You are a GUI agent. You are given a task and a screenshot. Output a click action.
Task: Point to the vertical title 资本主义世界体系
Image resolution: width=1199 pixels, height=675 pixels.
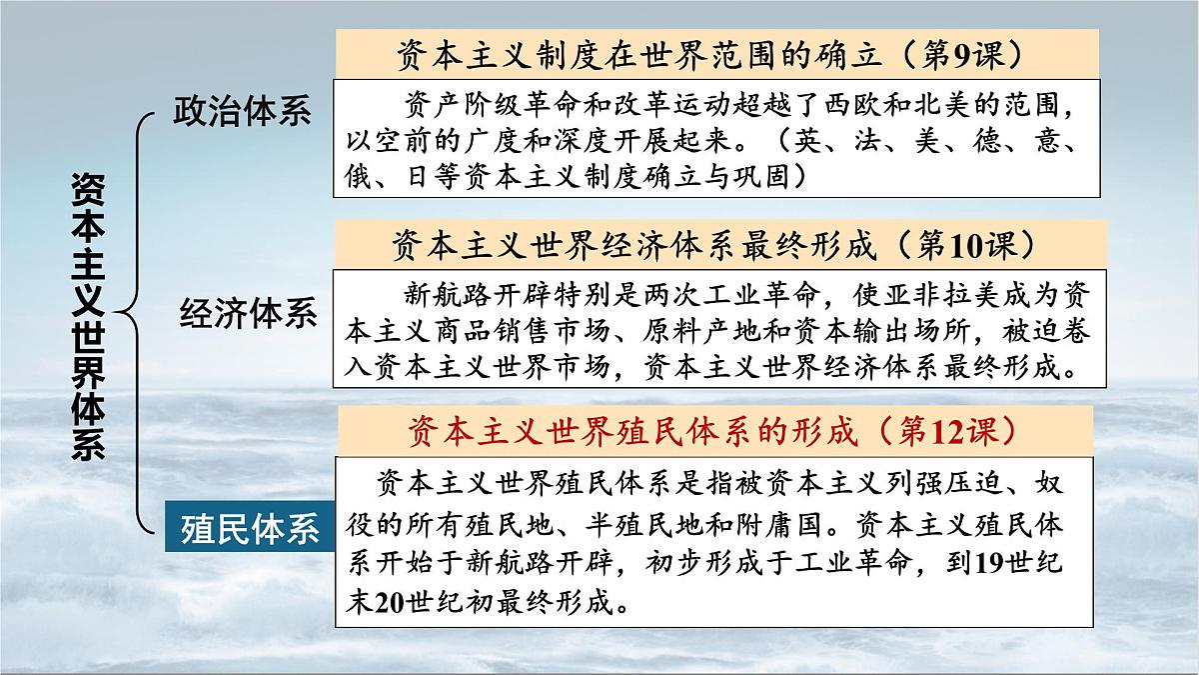(x=88, y=314)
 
